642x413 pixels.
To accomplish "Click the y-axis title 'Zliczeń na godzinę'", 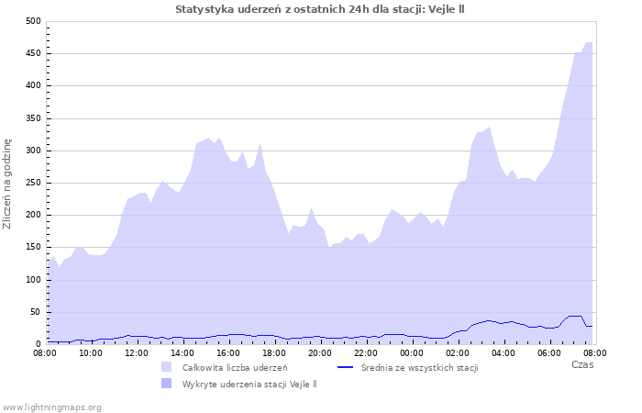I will (x=8, y=183).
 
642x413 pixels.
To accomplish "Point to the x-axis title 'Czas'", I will (x=581, y=364).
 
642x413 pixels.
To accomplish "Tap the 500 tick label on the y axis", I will (x=32, y=21).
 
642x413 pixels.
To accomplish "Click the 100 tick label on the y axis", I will (x=32, y=280).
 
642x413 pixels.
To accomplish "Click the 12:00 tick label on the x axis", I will (x=137, y=352).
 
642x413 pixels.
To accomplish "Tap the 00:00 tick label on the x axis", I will (x=412, y=352).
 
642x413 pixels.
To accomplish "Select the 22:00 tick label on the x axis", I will (x=366, y=352).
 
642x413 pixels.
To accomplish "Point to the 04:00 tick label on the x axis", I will (x=504, y=352).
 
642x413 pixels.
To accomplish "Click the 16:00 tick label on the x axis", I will (x=228, y=352).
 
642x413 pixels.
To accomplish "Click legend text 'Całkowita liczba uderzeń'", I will (x=235, y=368).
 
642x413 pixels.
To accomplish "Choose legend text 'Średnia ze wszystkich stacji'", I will (x=419, y=368).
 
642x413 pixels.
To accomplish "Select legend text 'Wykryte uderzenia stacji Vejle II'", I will (x=249, y=384).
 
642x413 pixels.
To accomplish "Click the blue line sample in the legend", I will (x=346, y=367).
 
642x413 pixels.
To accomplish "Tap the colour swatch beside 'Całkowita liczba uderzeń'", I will (x=166, y=368).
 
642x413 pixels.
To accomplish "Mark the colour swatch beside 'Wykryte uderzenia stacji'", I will (x=166, y=384).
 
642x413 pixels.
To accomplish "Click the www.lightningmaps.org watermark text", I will (x=52, y=407).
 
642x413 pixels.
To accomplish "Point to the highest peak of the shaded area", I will (x=587, y=42).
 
